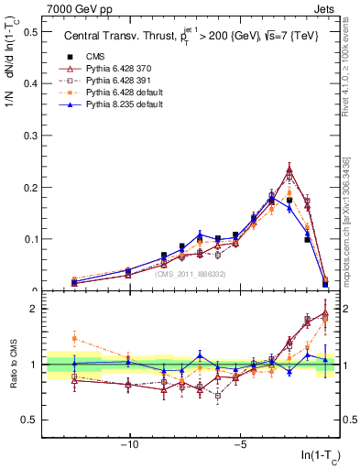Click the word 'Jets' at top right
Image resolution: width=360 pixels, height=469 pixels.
329,9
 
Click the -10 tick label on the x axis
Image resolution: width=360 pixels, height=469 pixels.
130,446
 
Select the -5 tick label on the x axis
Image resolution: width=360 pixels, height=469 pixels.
239,446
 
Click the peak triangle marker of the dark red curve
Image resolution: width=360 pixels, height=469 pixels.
289,169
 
